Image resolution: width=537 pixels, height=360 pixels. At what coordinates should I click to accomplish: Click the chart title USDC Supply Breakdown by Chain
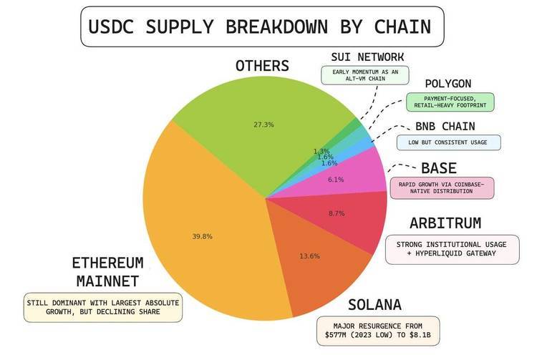(260, 26)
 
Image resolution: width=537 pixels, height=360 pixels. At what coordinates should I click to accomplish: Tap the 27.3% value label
(263, 125)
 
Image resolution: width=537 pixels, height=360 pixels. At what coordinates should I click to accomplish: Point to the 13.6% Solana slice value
(309, 256)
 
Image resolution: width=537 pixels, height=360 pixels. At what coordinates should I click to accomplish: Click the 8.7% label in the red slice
(337, 213)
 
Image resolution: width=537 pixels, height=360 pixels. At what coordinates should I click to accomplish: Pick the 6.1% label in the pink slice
(336, 180)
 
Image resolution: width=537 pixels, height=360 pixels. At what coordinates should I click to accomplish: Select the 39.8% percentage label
(202, 236)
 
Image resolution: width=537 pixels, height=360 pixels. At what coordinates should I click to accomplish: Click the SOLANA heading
(374, 305)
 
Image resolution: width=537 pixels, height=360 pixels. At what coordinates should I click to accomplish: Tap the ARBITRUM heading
(445, 223)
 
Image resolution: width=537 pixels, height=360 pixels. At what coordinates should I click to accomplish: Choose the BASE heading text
(439, 168)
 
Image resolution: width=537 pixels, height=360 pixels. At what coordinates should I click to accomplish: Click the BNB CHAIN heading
(445, 126)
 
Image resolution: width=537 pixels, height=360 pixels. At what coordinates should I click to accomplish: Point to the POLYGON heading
(448, 84)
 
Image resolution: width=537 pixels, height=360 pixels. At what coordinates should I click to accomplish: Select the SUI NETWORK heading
(367, 57)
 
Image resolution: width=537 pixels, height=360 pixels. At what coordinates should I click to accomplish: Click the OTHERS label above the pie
(262, 66)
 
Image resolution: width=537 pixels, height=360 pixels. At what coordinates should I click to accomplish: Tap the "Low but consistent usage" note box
(449, 142)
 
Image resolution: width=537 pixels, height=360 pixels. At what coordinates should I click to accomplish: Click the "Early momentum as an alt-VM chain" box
(365, 75)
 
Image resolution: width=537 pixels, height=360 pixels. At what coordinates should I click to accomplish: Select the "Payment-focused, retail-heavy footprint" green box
(450, 102)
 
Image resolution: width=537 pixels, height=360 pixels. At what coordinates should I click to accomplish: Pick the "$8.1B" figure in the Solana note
(420, 335)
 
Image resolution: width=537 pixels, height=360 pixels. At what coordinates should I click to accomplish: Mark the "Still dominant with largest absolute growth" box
(102, 307)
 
